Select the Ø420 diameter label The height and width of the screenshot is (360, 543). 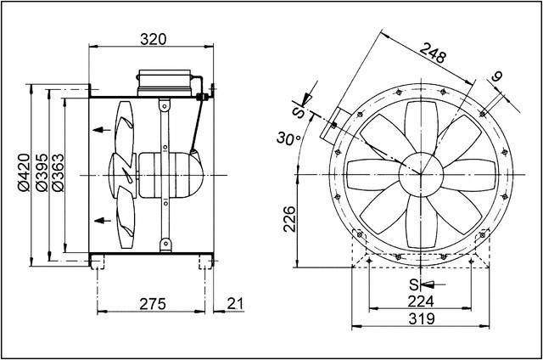[23, 172]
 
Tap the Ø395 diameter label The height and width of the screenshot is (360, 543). [40, 172]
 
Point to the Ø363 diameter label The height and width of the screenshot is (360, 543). [56, 172]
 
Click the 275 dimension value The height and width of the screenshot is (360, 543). [153, 303]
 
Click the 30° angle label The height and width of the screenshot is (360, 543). [289, 138]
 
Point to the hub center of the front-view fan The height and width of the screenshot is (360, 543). [420, 172]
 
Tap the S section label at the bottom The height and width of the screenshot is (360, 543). [414, 284]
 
